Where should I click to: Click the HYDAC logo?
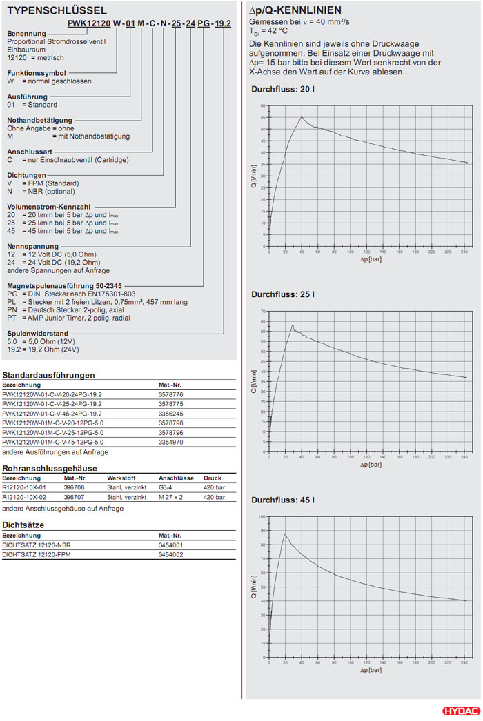point(459,711)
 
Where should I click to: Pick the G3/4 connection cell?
point(167,487)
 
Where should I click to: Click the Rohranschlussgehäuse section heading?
point(49,468)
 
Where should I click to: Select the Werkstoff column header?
point(121,478)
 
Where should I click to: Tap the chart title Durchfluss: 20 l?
point(282,90)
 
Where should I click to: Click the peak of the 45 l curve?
point(285,533)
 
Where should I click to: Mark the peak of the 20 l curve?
point(302,117)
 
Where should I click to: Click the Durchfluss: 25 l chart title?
point(282,294)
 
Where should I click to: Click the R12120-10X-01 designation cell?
point(25,487)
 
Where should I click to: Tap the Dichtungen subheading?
point(26,175)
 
